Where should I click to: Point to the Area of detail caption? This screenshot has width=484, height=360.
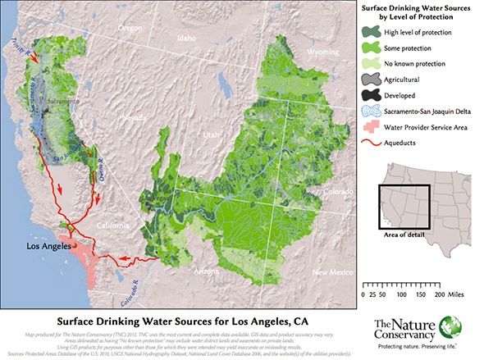(407, 235)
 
